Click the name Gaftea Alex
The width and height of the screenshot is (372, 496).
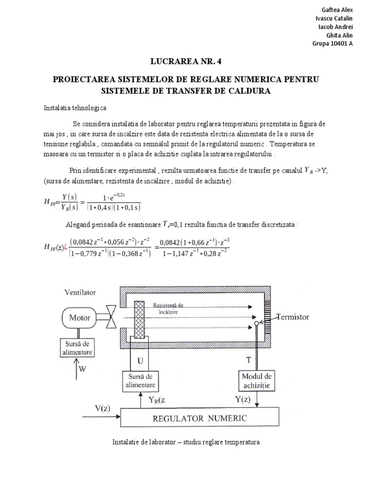point(337,10)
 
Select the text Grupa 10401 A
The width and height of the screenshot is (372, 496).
point(333,43)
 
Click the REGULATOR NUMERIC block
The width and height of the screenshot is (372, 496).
point(200,418)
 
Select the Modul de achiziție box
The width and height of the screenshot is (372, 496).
point(256,381)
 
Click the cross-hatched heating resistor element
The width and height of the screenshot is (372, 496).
point(139,320)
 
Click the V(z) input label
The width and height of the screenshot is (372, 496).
point(102,407)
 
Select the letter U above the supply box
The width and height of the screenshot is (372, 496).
point(141,360)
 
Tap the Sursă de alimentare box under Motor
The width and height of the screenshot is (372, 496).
point(79,348)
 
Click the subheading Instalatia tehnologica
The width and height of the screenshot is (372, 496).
point(75,108)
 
